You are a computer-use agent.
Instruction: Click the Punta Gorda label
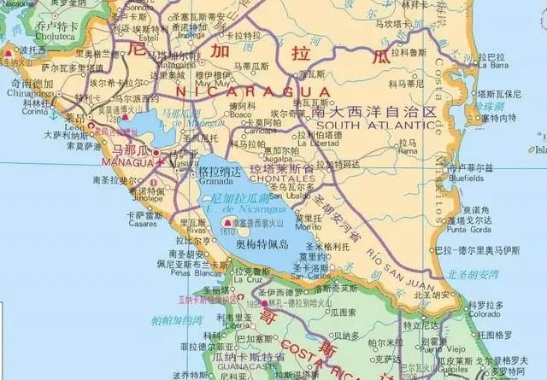tap(468, 229)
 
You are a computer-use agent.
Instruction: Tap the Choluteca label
tap(32, 38)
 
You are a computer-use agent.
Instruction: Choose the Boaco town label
tap(239, 113)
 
